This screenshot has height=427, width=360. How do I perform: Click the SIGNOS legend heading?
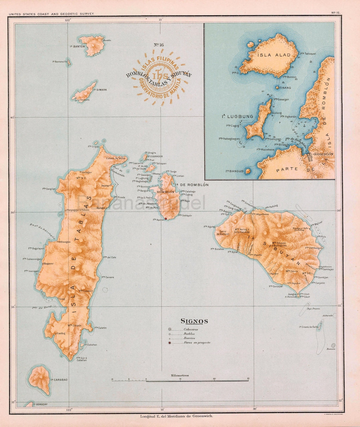pos(194,321)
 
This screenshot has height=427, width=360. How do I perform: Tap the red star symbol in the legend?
pos(170,343)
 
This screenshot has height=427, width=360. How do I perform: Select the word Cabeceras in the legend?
pos(191,329)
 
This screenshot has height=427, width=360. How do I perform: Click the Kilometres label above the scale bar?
pos(180,375)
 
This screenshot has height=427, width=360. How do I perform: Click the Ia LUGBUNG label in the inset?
pos(238,116)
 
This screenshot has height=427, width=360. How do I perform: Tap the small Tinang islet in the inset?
pos(277,88)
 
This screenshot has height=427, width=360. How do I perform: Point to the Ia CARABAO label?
pos(59,380)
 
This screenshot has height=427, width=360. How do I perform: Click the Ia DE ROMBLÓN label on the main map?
pos(191,184)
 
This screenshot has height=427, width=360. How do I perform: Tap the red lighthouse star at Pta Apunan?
pos(166,219)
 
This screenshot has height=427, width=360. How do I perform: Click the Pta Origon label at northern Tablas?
pos(93,146)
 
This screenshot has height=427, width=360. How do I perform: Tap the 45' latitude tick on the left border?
pos(12,117)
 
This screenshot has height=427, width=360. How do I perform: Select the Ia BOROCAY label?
pos(41,404)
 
